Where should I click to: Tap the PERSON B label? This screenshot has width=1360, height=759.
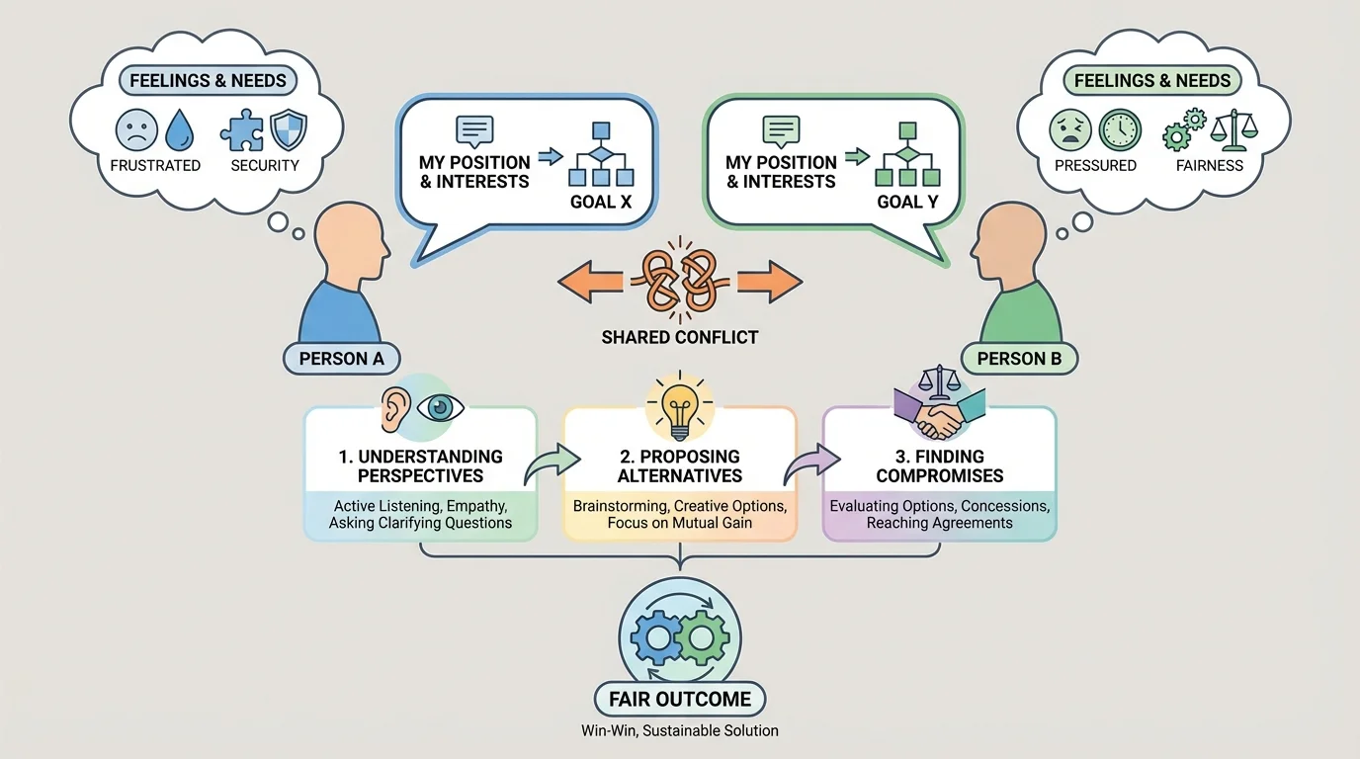pyautogui.click(x=1019, y=358)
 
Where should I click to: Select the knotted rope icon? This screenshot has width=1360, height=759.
pyautogui.click(x=680, y=281)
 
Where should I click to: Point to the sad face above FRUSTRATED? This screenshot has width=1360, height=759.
pyautogui.click(x=136, y=129)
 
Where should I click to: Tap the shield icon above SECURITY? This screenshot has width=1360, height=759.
pyautogui.click(x=288, y=129)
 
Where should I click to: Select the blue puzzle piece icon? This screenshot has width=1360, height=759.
pyautogui.click(x=242, y=129)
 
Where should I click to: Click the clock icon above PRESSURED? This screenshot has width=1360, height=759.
pyautogui.click(x=1120, y=129)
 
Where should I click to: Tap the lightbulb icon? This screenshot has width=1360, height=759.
pyautogui.click(x=679, y=407)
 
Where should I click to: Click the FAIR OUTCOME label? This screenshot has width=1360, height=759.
pyautogui.click(x=680, y=699)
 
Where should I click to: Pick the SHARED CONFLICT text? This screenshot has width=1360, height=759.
pyautogui.click(x=680, y=337)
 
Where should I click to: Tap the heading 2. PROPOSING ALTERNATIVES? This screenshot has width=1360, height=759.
pyautogui.click(x=680, y=465)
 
